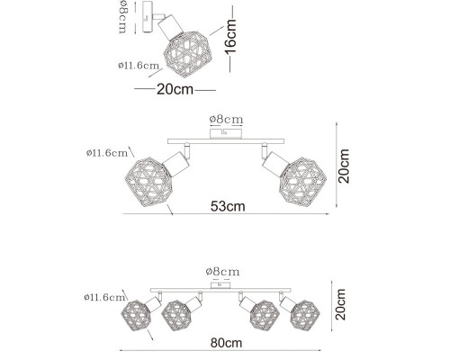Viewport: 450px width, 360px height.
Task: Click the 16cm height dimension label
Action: [x=231, y=37]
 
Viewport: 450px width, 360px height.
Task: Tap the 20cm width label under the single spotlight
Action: [x=175, y=89]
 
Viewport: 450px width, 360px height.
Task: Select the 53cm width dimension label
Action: [x=228, y=206]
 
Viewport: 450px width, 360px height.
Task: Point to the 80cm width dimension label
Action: [x=226, y=343]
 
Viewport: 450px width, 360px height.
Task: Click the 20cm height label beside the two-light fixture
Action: [x=344, y=166]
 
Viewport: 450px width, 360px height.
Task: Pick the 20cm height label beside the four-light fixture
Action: [x=340, y=304]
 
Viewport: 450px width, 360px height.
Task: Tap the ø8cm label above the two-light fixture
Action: [x=226, y=120]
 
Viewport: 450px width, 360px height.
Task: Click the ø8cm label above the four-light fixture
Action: [x=222, y=272]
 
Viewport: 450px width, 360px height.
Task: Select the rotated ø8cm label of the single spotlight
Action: [x=123, y=17]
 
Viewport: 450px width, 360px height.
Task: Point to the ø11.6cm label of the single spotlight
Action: [x=139, y=66]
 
